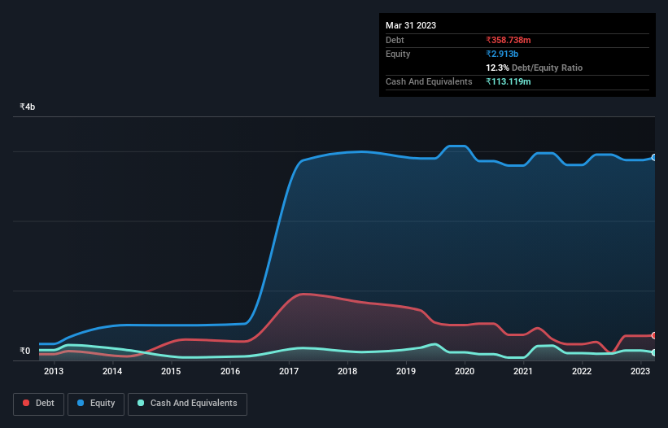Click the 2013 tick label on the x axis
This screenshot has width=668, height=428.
click(54, 372)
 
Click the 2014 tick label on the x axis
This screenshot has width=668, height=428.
click(112, 372)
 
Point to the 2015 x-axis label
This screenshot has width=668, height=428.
click(171, 372)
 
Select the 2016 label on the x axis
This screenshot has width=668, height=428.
click(230, 372)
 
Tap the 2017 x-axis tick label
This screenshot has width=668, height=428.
click(289, 372)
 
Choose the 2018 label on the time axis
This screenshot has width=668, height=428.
click(347, 372)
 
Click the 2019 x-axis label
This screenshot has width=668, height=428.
click(406, 372)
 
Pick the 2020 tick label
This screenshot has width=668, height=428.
click(465, 372)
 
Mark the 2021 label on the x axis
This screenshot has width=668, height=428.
click(523, 372)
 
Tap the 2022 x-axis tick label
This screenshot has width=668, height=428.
click(582, 372)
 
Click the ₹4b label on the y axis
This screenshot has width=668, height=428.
click(28, 107)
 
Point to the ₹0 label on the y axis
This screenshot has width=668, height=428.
click(25, 352)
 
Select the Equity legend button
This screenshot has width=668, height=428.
click(96, 404)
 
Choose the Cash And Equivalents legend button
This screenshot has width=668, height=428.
click(187, 404)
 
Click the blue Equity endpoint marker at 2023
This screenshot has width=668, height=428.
click(654, 158)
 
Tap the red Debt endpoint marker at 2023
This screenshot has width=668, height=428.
click(654, 335)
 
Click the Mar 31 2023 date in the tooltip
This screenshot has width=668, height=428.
click(411, 25)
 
